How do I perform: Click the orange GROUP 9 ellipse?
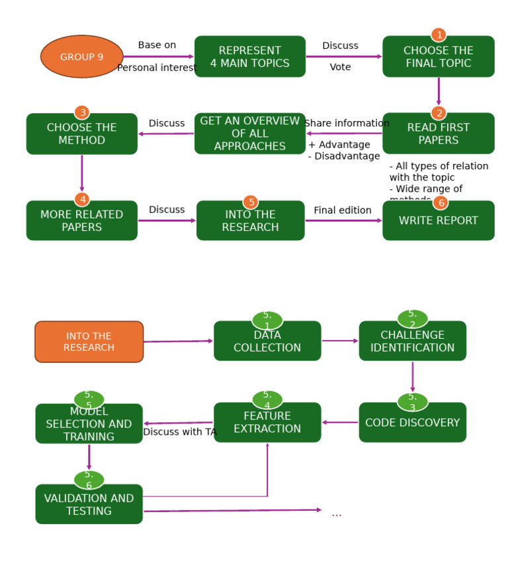[x=81, y=57]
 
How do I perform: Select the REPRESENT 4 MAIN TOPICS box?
[x=249, y=57]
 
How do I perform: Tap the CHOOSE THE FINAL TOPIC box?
[x=438, y=58]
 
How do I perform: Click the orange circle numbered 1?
[x=438, y=35]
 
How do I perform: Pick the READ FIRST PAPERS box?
[x=438, y=134]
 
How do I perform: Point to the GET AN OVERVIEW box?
[x=249, y=134]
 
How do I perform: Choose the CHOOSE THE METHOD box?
[x=81, y=134]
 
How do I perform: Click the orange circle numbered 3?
[x=81, y=112]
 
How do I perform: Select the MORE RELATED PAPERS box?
[x=81, y=221]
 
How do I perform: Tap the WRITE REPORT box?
[x=438, y=221]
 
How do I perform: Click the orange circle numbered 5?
[x=251, y=202]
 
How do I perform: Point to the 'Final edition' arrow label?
[x=342, y=210]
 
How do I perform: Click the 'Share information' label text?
[x=347, y=123]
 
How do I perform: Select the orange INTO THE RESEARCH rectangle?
[x=89, y=342]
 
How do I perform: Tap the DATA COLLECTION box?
[x=267, y=342]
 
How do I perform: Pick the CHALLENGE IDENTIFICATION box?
[x=412, y=341]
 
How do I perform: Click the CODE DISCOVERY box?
[x=412, y=423]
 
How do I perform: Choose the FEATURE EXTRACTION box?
[x=267, y=423]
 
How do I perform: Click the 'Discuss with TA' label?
[x=179, y=432]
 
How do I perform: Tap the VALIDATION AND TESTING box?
[x=89, y=505]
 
